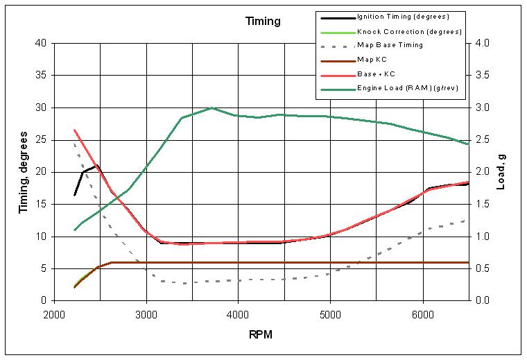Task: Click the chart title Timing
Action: tap(263, 21)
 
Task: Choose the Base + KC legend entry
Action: tap(376, 74)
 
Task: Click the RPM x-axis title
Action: tap(261, 335)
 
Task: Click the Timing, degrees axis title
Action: tap(22, 172)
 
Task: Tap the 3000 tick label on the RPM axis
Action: tap(146, 314)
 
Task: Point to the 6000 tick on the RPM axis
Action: tap(422, 314)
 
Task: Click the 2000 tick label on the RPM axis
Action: tap(54, 314)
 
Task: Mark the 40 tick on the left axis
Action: tap(41, 43)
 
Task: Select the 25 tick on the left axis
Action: tap(41, 139)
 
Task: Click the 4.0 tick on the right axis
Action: tap(482, 43)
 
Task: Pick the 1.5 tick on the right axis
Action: tap(482, 204)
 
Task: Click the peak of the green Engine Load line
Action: tap(211, 108)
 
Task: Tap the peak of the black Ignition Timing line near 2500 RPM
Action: tap(98, 166)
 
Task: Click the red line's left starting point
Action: tap(74, 130)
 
